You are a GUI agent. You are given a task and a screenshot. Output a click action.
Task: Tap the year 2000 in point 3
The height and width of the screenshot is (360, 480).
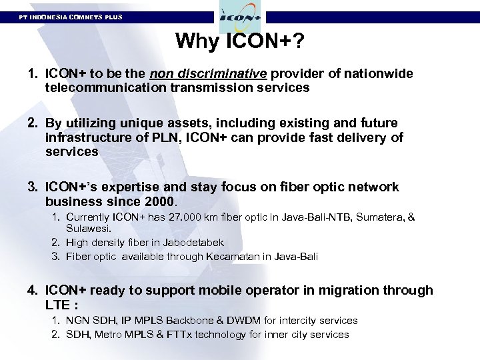tap(159, 201)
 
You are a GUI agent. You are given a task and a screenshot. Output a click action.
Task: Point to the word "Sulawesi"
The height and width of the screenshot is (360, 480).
tap(87, 228)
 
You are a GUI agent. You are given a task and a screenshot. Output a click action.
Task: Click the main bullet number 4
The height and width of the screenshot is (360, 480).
tap(32, 290)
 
